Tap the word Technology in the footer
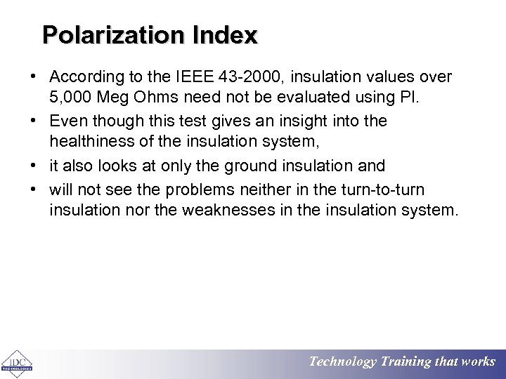(343, 362)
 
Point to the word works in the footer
(478, 362)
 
